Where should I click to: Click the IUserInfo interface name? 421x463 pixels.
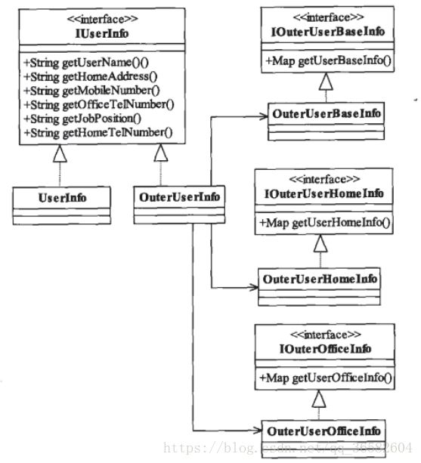(102, 33)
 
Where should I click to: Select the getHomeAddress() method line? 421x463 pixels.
(91, 76)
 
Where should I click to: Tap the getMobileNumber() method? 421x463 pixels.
(91, 91)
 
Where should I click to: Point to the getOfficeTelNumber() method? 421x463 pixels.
(99, 104)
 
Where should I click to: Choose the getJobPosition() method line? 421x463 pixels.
(82, 119)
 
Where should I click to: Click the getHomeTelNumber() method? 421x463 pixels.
(98, 133)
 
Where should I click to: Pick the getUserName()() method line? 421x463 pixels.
(86, 62)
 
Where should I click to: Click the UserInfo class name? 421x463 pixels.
(62, 198)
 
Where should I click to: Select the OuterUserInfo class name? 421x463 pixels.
(179, 197)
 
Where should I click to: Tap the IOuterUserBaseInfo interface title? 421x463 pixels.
(328, 32)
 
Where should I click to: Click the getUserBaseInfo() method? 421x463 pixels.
(328, 60)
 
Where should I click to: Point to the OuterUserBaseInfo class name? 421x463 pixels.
(327, 113)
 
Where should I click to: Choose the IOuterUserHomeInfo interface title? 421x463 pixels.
(323, 193)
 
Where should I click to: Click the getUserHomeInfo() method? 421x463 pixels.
(324, 222)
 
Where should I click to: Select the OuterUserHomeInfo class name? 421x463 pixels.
(320, 279)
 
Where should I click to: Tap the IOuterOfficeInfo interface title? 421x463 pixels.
(325, 349)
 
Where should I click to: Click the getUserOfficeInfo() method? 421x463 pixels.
(325, 378)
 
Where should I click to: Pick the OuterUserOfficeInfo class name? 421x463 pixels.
(323, 431)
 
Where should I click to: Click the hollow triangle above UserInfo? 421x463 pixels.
(60, 153)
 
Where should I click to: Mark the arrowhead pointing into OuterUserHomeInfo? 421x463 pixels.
(253, 287)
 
